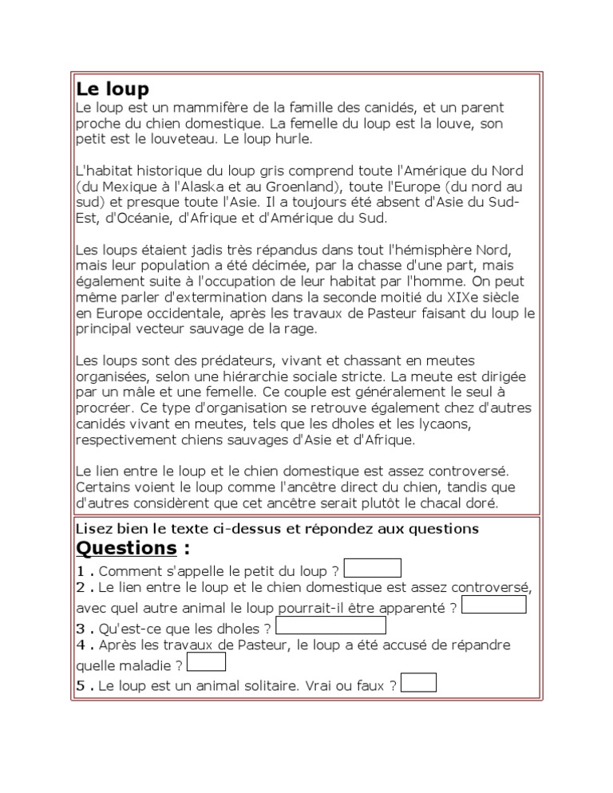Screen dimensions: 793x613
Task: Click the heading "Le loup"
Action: [x=113, y=89]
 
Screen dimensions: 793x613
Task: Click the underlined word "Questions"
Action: [x=126, y=548]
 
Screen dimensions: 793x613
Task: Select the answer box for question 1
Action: [x=372, y=568]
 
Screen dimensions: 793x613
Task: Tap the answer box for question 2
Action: [x=494, y=605]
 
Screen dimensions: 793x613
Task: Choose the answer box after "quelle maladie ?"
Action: [x=206, y=662]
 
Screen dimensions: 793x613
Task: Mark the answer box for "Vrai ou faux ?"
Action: [x=419, y=683]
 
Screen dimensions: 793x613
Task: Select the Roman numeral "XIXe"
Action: [x=437, y=297]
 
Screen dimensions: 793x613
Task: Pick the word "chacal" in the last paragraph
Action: [x=429, y=503]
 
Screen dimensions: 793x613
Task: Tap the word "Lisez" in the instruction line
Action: [x=93, y=528]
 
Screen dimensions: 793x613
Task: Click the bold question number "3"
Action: [x=81, y=629]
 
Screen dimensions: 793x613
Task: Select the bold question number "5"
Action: [x=81, y=686]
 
